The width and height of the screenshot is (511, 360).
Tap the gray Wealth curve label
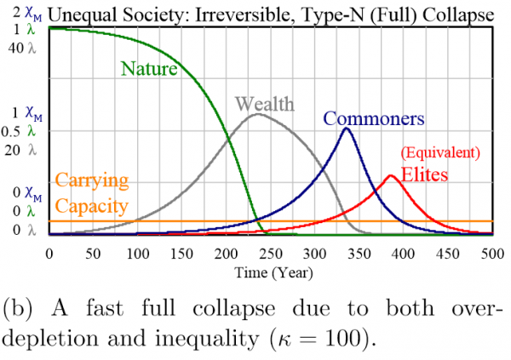tap(264, 104)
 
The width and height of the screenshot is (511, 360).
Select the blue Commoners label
tap(373, 119)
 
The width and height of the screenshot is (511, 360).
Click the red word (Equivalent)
tap(440, 153)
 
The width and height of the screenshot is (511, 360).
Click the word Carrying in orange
tap(90, 180)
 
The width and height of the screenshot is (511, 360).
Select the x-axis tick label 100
tap(137, 254)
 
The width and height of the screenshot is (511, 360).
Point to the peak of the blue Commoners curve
tap(346, 129)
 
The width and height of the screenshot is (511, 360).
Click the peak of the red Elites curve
tap(391, 176)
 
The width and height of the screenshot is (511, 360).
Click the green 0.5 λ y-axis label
tap(20, 131)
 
